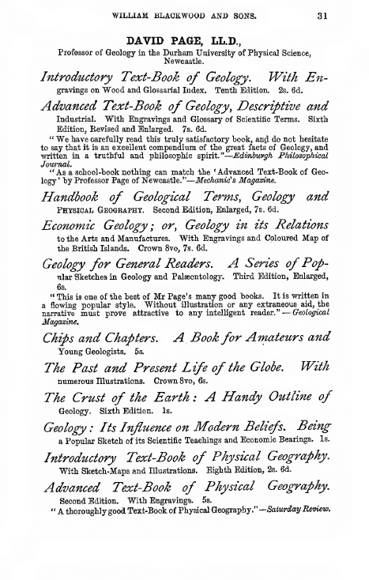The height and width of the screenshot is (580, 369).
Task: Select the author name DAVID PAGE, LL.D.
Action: (x=184, y=40)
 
